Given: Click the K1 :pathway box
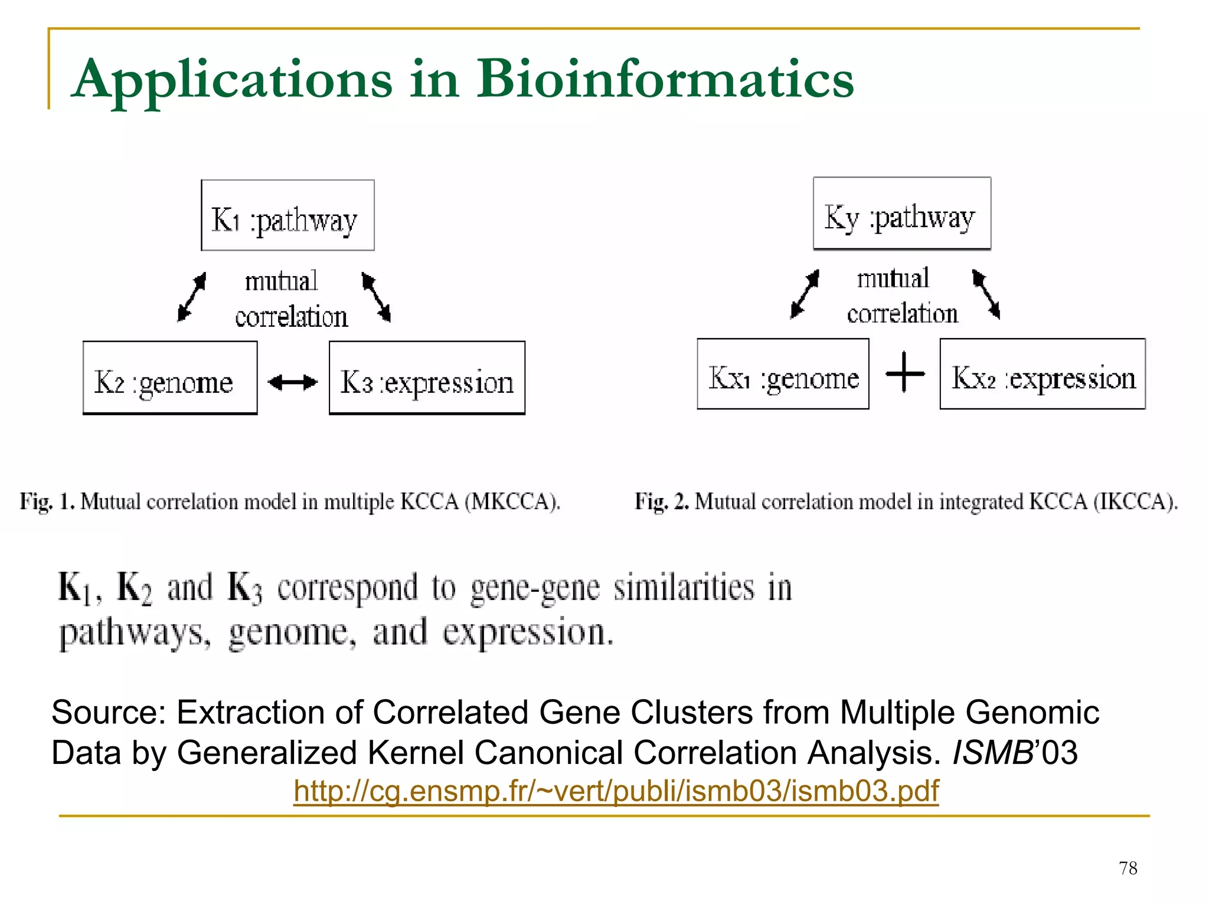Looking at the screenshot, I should [x=287, y=216].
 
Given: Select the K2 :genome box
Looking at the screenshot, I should [x=170, y=378].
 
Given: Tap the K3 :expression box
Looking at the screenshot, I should [x=427, y=378].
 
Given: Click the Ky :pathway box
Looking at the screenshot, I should [x=901, y=214].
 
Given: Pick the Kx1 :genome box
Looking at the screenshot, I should [x=783, y=374].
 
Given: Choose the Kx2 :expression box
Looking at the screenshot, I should [x=1042, y=374].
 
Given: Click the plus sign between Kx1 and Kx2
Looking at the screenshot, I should [x=905, y=372].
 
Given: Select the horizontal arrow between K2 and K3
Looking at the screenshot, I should [x=293, y=383].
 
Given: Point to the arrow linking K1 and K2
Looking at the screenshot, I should [x=192, y=297].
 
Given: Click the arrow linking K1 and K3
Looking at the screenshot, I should [x=377, y=297].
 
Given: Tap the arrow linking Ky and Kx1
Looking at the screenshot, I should [x=805, y=294].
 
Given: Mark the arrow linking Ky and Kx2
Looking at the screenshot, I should [x=986, y=294].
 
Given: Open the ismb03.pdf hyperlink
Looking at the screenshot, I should [x=616, y=791].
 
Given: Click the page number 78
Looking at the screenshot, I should [x=1128, y=868].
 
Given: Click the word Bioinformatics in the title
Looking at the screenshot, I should [x=665, y=79].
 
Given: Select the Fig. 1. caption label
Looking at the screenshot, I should [x=47, y=501].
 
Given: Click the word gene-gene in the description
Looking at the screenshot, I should [x=535, y=589].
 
